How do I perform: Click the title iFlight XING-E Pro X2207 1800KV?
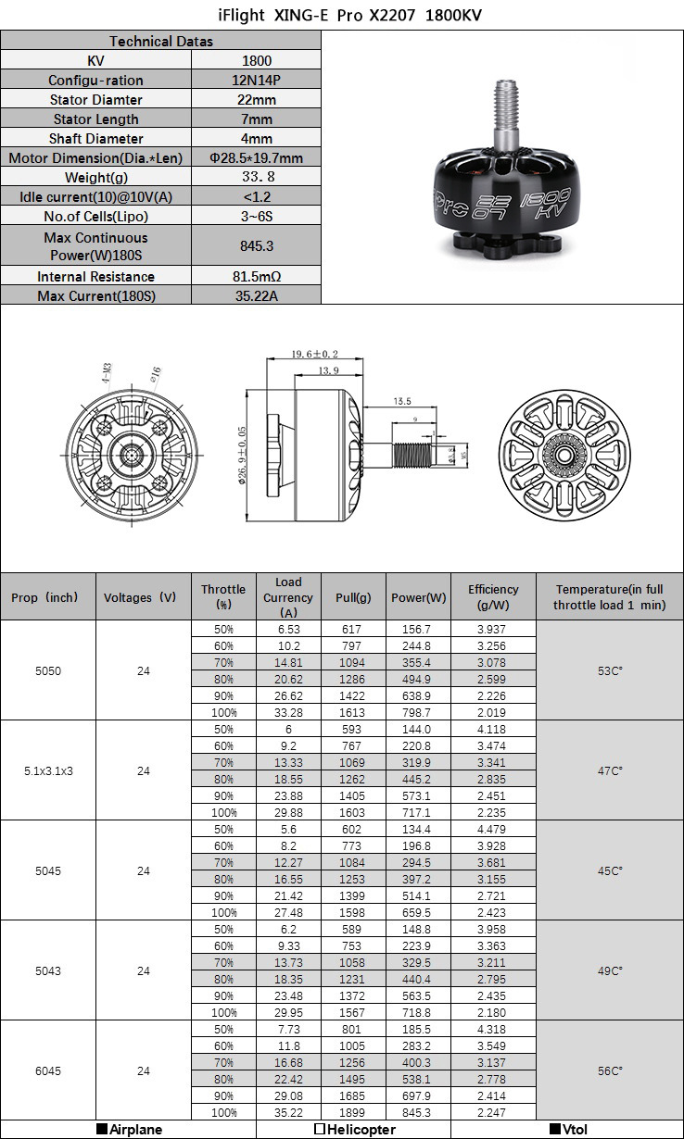pyautogui.click(x=342, y=16)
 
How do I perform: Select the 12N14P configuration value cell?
pyautogui.click(x=256, y=81)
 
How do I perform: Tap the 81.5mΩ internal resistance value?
pyautogui.click(x=256, y=277)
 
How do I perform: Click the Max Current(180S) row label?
pyautogui.click(x=96, y=296)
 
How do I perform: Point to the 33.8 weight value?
pyautogui.click(x=256, y=177)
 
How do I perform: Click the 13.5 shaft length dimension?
pyautogui.click(x=402, y=402)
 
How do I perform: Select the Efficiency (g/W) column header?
pyautogui.click(x=493, y=596)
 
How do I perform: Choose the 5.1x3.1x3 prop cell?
pyautogui.click(x=48, y=770)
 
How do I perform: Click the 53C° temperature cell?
pyautogui.click(x=610, y=670)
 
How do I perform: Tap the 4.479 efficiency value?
pyautogui.click(x=492, y=830)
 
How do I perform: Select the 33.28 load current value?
pyautogui.click(x=288, y=713)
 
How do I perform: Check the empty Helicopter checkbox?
pyautogui.click(x=319, y=1130)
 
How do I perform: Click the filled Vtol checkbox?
pyautogui.click(x=555, y=1130)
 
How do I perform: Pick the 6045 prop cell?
pyautogui.click(x=48, y=1071)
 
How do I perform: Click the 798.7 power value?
pyautogui.click(x=418, y=713)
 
